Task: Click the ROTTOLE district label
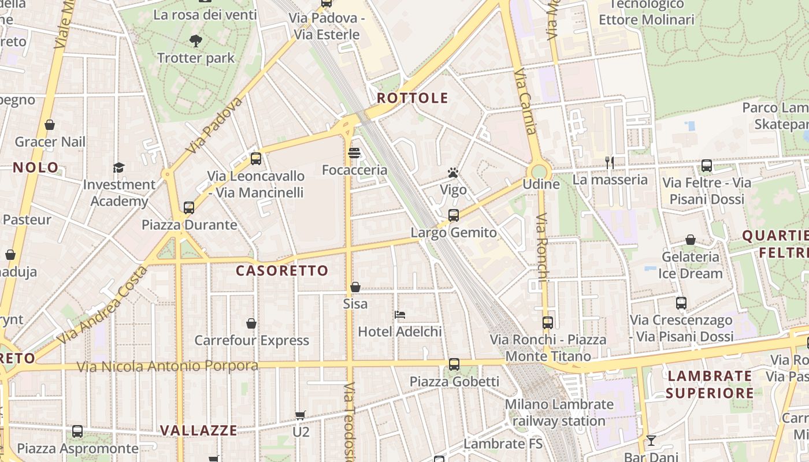(412, 98)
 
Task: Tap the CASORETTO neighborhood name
(282, 270)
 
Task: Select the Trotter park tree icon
(196, 40)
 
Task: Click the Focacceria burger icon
(354, 153)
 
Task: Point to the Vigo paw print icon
(453, 173)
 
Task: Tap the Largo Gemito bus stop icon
(454, 215)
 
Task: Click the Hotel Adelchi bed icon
(400, 315)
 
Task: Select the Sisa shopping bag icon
(355, 287)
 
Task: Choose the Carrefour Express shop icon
(251, 323)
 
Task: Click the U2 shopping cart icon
(300, 415)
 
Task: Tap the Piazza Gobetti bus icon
(454, 364)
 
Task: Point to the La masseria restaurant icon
(610, 163)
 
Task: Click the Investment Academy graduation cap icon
(119, 167)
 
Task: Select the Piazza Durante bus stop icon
(189, 208)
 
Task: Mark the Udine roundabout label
(541, 184)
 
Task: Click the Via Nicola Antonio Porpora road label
(168, 366)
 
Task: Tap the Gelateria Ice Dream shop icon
(690, 240)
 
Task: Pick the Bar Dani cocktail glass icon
(651, 441)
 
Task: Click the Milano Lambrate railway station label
(559, 412)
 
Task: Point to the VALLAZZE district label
(198, 430)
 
